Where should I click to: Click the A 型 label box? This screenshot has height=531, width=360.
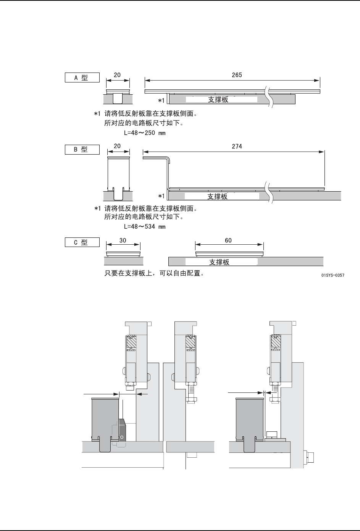[82, 77]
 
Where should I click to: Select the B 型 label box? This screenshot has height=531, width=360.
[82, 149]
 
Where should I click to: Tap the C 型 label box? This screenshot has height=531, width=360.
[82, 242]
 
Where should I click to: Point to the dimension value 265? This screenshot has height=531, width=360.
[237, 75]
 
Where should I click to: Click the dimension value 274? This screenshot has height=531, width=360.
[237, 146]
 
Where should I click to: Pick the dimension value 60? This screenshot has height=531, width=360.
[228, 240]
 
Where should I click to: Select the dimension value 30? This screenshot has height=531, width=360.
[123, 240]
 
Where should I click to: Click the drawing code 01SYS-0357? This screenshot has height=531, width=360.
[333, 274]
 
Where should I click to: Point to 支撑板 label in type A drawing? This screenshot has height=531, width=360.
[218, 100]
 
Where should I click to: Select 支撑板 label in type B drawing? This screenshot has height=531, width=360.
[217, 196]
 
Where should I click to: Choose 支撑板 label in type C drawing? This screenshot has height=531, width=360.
[219, 262]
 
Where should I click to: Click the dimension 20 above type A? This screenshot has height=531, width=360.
[117, 75]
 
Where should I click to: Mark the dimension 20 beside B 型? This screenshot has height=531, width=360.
[117, 146]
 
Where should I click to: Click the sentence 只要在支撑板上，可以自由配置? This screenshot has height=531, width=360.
[154, 274]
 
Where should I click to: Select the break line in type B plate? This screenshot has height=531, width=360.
[270, 193]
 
